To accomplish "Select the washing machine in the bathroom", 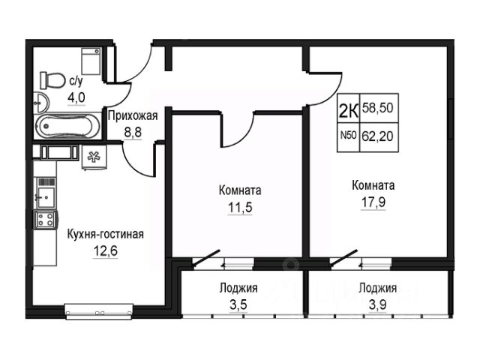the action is coord(91,58).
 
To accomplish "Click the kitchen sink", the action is coord(45,198).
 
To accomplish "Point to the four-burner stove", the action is coord(44,220).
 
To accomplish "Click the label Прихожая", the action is coord(132,115).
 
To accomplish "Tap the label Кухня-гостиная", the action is coord(105,234).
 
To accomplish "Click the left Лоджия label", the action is coord(238,287).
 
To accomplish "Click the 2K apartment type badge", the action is coord(348,110).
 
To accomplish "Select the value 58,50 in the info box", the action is coord(377,108).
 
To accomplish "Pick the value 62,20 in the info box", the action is coord(377,136).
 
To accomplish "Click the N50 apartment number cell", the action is coord(348,136).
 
